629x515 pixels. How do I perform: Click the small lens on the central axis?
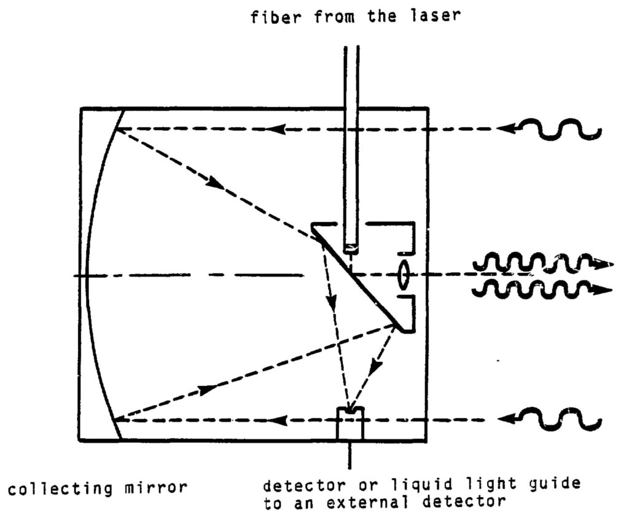tap(404, 275)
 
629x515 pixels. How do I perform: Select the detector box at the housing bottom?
tap(350, 423)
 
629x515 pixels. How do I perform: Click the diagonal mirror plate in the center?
tap(359, 277)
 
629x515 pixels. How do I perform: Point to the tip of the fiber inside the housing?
tap(350, 247)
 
